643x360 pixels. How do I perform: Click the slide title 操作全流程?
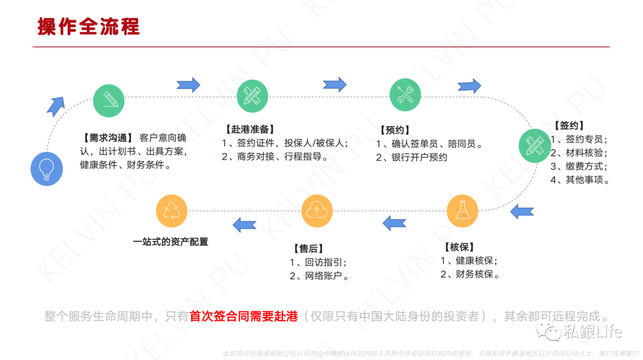pos(88,27)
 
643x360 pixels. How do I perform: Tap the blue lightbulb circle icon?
pos(46,169)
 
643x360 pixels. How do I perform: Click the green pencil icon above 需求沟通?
pos(110,101)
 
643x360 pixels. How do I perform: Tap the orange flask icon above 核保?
pos(463,211)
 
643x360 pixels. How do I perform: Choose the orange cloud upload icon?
pos(317,211)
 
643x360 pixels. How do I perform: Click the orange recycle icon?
pos(171,211)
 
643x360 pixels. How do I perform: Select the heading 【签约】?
pos(569,126)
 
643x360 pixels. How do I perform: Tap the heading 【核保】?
pos(458,247)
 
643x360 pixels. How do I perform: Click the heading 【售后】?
pos(308,249)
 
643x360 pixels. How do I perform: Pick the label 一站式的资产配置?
pos(170,242)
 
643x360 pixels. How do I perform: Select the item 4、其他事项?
pos(580,180)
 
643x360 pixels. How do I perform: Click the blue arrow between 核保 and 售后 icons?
pos(394,223)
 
